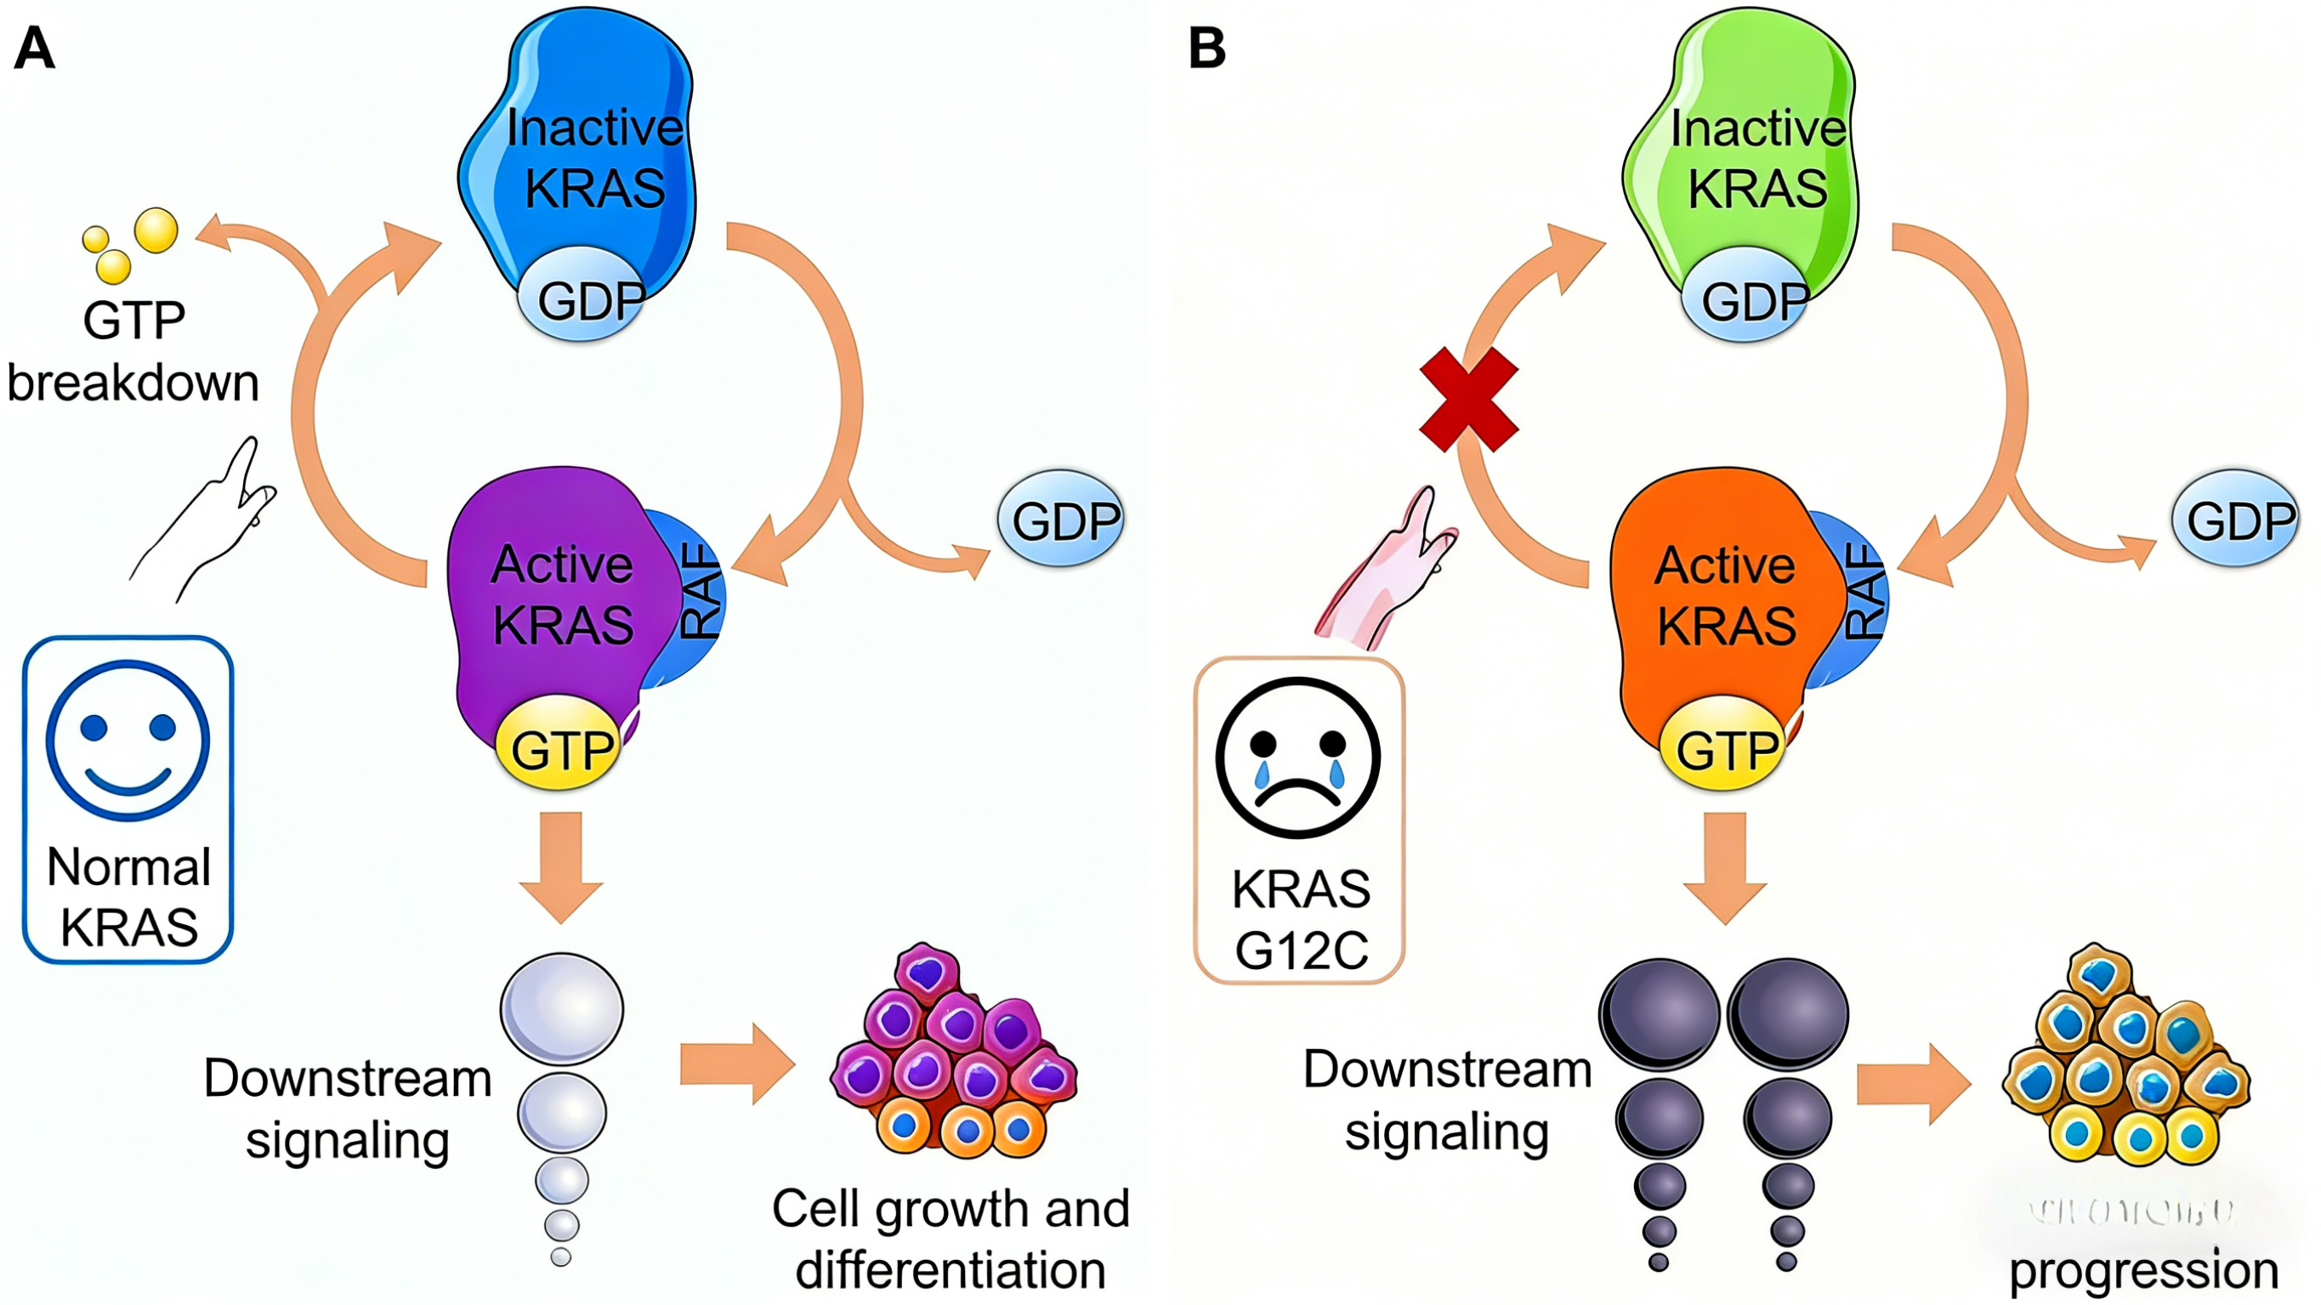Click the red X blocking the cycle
click(1468, 400)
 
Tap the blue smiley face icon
click(128, 740)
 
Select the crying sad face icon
click(1297, 757)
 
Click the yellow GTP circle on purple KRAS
click(559, 745)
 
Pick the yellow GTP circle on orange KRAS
click(1723, 745)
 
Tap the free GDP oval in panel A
click(1061, 519)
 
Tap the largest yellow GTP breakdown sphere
click(156, 230)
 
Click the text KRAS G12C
click(1301, 919)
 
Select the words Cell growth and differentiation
click(951, 1240)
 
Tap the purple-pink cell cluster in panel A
click(953, 1050)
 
